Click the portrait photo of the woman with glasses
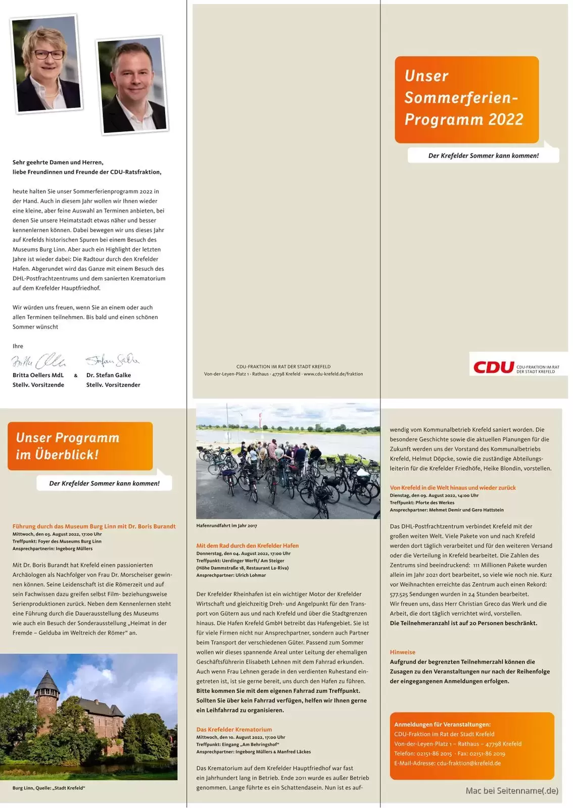point(46,64)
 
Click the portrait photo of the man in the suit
point(132,85)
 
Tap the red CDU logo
point(494,367)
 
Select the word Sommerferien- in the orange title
point(461,97)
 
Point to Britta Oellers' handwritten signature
point(38,361)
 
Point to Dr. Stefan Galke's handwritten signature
point(112,360)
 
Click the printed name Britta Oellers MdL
point(38,375)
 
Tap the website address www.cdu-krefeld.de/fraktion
point(333,374)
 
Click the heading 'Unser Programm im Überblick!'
point(68,446)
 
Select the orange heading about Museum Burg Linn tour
point(94,526)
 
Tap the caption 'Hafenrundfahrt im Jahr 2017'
point(226,526)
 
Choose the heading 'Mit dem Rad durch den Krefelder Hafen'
point(247,546)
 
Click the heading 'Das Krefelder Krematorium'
point(234,730)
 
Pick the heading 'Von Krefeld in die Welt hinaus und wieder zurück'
point(453,488)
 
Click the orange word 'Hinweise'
point(402,652)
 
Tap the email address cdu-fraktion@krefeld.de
point(468,763)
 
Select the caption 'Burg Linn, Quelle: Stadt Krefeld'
point(49,788)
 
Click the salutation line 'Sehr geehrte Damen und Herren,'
point(58,163)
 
